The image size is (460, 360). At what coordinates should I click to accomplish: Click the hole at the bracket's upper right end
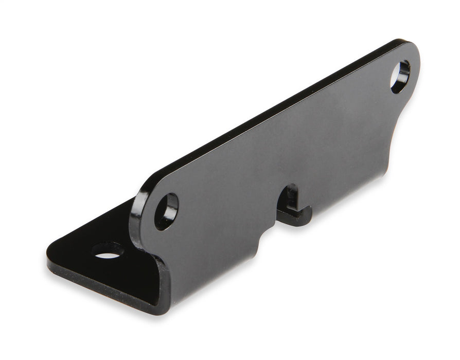click(x=400, y=77)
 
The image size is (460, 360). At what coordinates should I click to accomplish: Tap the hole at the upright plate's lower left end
click(x=166, y=211)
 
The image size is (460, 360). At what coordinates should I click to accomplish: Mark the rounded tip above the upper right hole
click(x=412, y=49)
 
